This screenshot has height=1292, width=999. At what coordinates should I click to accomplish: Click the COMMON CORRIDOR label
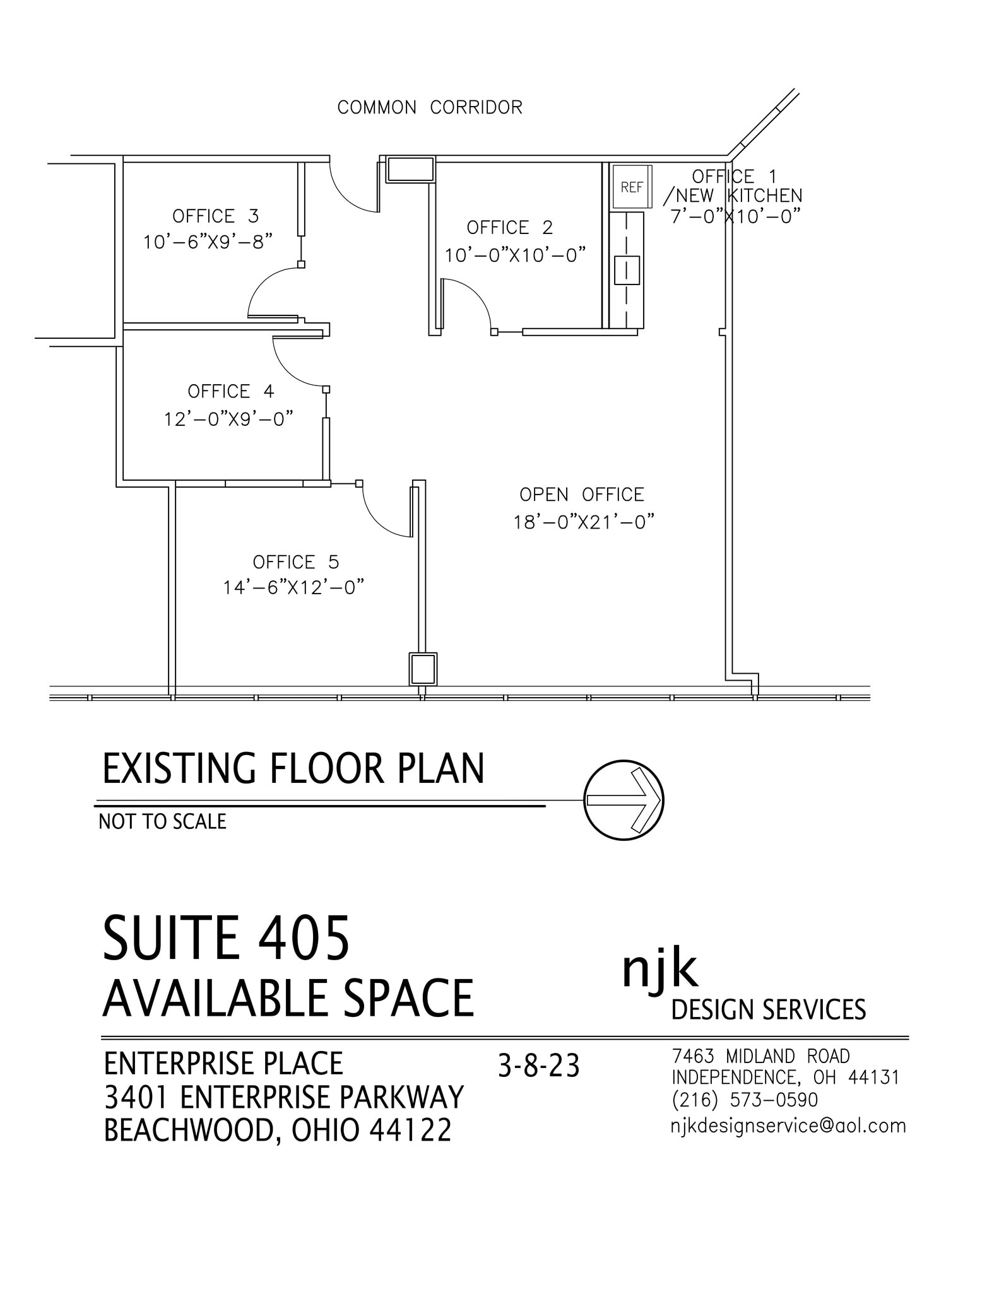(x=430, y=107)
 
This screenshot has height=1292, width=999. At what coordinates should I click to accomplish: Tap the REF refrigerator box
(x=631, y=187)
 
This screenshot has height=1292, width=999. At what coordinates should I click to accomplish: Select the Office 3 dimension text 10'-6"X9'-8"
(x=208, y=242)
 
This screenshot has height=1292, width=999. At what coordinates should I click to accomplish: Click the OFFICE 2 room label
(x=509, y=227)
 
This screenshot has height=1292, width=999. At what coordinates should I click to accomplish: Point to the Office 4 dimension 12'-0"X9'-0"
(x=229, y=418)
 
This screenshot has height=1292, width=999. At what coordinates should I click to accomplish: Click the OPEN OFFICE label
(x=581, y=495)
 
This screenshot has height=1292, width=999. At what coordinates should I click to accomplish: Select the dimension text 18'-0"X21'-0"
(x=583, y=522)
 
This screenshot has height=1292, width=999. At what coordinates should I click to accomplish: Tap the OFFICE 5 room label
(x=295, y=562)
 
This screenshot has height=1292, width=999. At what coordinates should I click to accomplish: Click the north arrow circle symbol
(x=623, y=800)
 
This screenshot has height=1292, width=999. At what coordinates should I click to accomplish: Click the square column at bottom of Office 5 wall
(x=422, y=669)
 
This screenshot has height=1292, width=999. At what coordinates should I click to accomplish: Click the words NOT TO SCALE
(x=162, y=821)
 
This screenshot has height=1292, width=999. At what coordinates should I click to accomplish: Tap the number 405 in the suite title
(x=303, y=939)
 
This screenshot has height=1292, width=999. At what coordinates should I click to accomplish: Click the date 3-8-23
(x=538, y=1066)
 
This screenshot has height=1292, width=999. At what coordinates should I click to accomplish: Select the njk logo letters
(x=659, y=970)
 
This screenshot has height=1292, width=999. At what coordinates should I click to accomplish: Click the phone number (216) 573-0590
(x=745, y=1100)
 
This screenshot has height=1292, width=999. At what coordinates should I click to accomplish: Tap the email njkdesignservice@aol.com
(x=788, y=1125)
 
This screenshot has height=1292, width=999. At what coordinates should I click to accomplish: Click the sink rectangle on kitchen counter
(x=627, y=269)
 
